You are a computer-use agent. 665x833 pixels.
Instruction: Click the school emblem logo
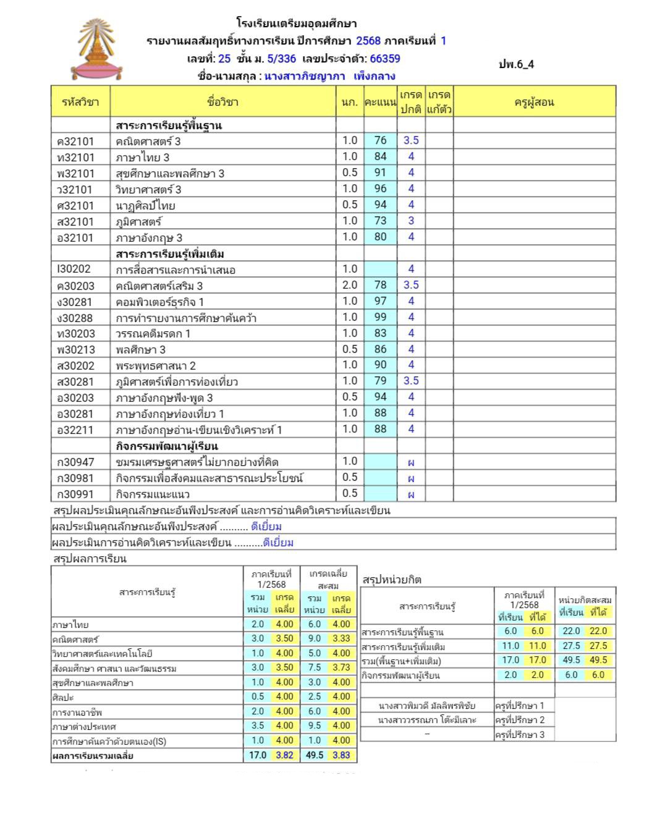click(97, 50)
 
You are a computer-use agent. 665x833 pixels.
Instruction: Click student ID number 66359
click(385, 59)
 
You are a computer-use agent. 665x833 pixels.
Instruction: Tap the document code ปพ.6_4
click(516, 64)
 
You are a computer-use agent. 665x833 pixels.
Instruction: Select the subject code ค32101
click(75, 142)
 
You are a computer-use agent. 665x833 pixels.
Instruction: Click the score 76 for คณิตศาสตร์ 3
click(380, 141)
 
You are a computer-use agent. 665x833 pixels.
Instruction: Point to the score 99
click(380, 317)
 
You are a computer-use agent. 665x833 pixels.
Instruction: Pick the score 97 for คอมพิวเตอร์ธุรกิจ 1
click(380, 301)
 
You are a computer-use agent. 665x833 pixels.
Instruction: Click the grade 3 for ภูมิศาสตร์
click(411, 221)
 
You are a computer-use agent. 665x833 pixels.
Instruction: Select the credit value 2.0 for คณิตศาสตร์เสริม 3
click(350, 285)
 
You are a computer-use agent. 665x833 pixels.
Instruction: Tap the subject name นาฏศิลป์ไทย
click(145, 206)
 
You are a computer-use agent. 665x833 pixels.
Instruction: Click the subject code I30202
click(74, 269)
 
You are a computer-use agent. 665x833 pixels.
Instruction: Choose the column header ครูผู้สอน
click(534, 102)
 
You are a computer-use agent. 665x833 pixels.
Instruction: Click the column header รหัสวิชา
click(80, 102)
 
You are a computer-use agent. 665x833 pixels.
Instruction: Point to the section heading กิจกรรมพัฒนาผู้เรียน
click(167, 446)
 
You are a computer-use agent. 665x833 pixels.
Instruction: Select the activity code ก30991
click(75, 494)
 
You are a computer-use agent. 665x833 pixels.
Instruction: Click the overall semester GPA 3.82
click(284, 755)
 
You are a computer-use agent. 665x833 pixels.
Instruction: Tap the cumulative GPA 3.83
click(341, 755)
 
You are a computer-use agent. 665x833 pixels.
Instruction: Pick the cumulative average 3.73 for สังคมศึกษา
click(341, 667)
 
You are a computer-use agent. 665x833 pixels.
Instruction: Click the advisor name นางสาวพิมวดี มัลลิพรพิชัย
click(427, 706)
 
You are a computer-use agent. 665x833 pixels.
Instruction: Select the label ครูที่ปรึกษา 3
click(520, 735)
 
